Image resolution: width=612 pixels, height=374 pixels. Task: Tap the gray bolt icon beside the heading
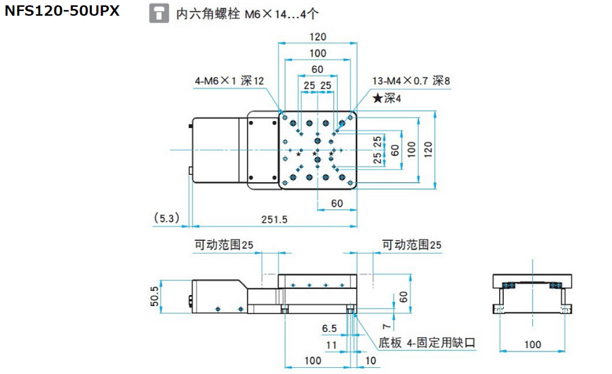tap(158, 14)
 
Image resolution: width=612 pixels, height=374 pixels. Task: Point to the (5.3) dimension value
tap(165, 218)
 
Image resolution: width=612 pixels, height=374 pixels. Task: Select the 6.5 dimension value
tap(329, 328)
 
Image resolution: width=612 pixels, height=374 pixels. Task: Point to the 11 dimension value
tap(331, 345)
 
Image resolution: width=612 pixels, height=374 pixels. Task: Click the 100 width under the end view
tap(532, 345)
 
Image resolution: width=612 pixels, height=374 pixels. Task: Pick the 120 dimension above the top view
tap(317, 37)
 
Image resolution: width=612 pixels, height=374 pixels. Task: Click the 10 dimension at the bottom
tap(371, 360)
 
